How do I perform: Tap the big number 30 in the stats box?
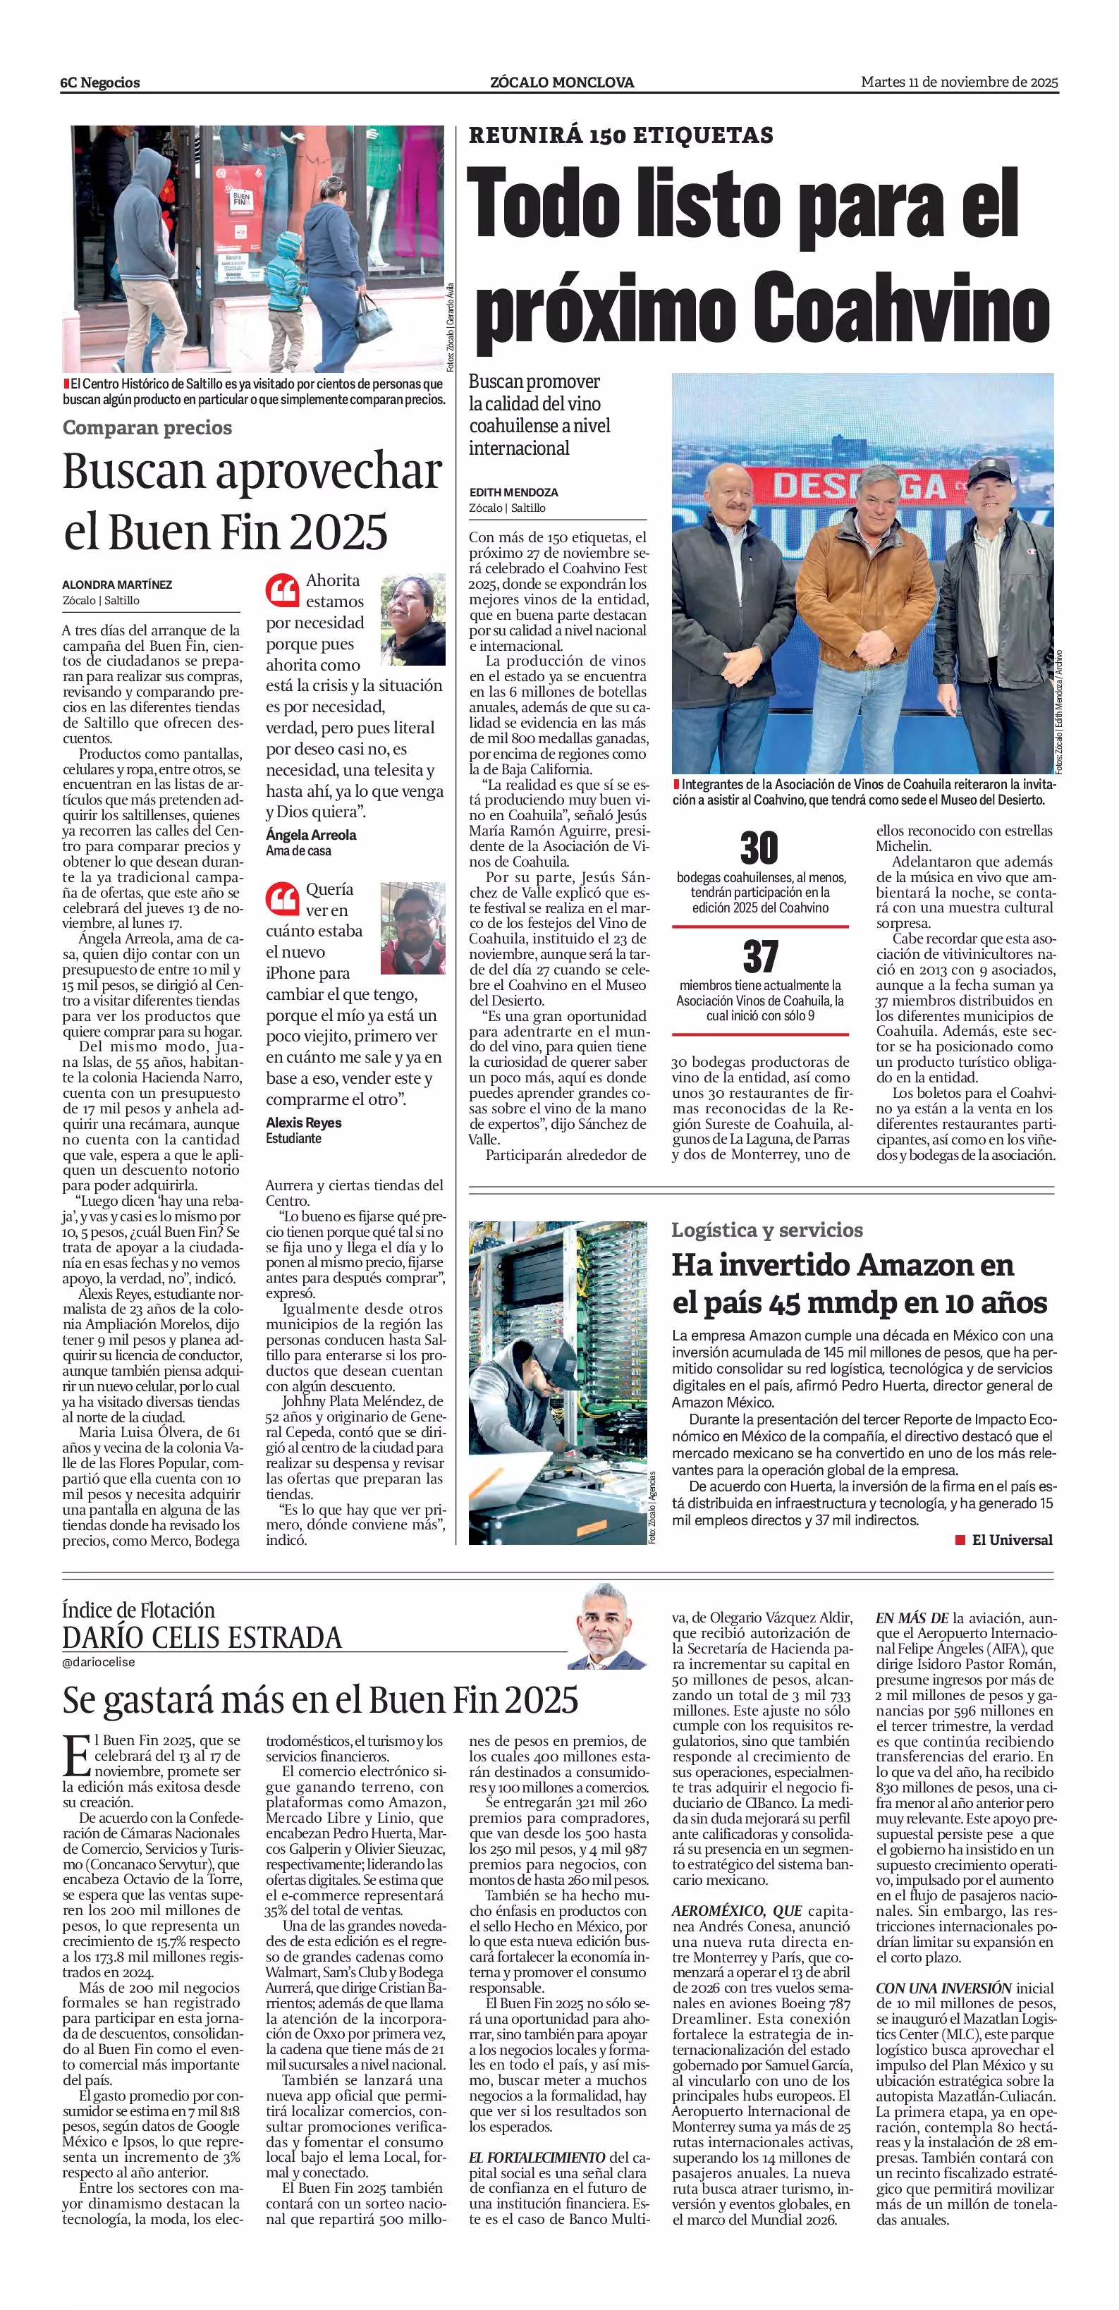[759, 848]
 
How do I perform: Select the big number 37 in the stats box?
[759, 957]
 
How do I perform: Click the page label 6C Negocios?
[100, 82]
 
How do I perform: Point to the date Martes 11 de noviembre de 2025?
[960, 82]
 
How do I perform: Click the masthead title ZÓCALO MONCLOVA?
[562, 82]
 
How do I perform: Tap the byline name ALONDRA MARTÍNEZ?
[118, 585]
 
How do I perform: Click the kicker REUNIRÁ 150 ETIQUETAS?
[620, 135]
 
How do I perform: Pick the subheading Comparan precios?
[147, 428]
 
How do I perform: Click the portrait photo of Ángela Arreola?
[412, 619]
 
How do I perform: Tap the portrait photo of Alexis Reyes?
[412, 928]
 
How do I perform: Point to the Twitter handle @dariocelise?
[99, 1662]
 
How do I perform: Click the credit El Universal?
[1011, 1540]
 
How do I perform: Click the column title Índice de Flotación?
[138, 1610]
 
